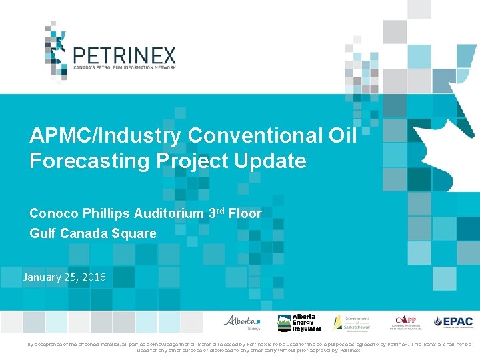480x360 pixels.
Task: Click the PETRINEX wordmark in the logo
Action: [123, 54]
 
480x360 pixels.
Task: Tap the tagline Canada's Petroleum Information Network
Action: [123, 67]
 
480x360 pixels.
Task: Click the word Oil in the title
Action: [343, 135]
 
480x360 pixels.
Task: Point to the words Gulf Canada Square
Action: [93, 234]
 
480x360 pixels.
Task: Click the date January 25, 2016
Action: [64, 277]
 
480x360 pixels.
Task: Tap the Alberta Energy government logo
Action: [243, 322]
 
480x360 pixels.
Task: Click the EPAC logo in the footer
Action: [453, 322]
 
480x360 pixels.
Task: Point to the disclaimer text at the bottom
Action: [240, 347]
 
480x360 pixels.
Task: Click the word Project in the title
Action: [199, 161]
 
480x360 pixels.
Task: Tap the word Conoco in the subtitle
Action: [53, 213]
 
